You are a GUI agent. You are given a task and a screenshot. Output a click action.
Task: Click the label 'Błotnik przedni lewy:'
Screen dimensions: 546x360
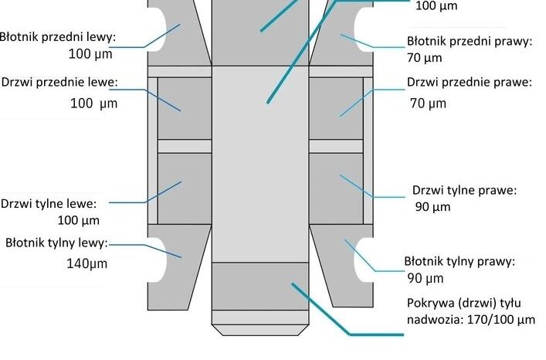tap(57, 37)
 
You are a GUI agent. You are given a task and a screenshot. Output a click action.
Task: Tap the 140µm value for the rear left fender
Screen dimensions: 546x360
tap(87, 263)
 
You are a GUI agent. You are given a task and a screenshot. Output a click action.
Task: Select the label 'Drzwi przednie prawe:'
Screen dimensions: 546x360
tap(470, 83)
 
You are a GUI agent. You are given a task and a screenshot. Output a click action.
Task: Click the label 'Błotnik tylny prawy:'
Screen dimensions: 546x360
tap(460, 261)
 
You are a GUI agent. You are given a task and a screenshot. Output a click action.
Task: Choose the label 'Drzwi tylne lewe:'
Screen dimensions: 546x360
tap(49, 204)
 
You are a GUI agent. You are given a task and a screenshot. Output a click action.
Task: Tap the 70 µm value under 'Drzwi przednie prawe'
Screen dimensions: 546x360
tap(428, 104)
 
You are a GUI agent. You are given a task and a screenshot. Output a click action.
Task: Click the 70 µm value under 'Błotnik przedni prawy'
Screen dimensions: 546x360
tap(425, 58)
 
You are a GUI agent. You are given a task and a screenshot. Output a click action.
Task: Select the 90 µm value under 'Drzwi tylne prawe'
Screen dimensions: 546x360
tap(432, 207)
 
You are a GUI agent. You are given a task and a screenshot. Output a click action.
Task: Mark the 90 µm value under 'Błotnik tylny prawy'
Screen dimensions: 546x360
tap(426, 279)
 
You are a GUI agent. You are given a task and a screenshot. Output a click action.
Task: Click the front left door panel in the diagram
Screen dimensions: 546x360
tap(185, 108)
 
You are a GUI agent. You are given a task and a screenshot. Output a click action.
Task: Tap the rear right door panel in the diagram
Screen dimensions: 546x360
tap(336, 188)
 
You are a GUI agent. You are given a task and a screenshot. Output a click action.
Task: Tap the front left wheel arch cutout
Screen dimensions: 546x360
tap(158, 29)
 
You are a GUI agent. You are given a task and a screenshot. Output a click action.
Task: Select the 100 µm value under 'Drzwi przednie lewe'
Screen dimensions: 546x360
tap(94, 104)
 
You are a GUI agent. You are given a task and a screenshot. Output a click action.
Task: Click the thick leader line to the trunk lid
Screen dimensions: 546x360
tap(348, 310)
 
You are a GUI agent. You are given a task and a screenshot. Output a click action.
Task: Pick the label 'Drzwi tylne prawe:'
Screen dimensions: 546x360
tap(464, 191)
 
